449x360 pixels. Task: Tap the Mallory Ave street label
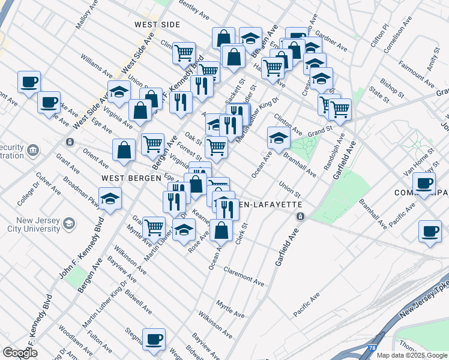coord(86,18)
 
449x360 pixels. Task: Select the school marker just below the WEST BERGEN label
coord(110,200)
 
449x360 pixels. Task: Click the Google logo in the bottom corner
coord(19,353)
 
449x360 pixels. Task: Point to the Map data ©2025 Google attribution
coord(412,355)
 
